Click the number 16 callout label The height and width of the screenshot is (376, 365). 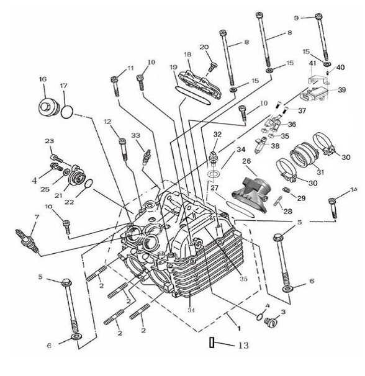coord(43,79)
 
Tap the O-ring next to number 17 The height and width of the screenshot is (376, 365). coord(69,112)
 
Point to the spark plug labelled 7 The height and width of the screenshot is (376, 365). coord(26,239)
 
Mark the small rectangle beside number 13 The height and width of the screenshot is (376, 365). coord(212,343)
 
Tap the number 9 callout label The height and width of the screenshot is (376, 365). coord(296,17)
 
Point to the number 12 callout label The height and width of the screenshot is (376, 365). coord(107,122)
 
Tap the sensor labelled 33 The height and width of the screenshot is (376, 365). coord(146,154)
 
